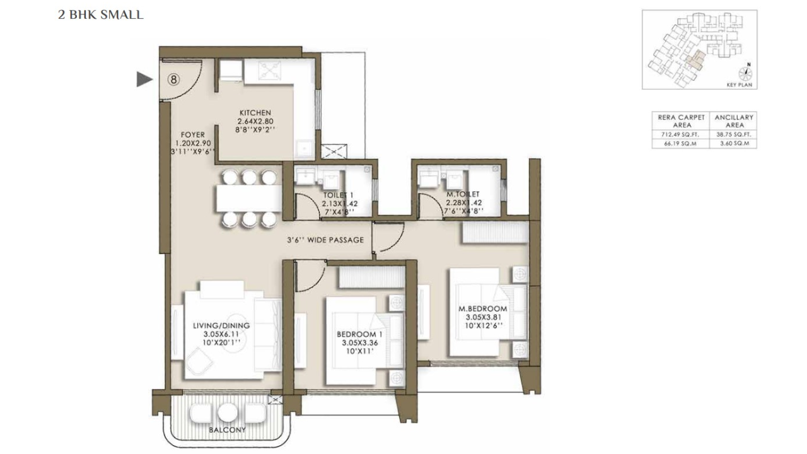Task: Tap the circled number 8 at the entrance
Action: pos(174,79)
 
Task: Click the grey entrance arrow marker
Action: pos(145,79)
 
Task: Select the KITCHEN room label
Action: pos(255,112)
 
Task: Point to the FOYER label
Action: pos(192,134)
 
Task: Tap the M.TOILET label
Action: pos(463,194)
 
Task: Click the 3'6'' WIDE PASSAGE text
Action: pos(325,240)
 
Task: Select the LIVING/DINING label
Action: pos(221,325)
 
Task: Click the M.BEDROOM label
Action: pos(482,308)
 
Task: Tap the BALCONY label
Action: pos(227,430)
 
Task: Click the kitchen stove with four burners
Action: pos(273,71)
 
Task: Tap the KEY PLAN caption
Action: pos(741,84)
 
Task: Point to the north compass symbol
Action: pos(748,71)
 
